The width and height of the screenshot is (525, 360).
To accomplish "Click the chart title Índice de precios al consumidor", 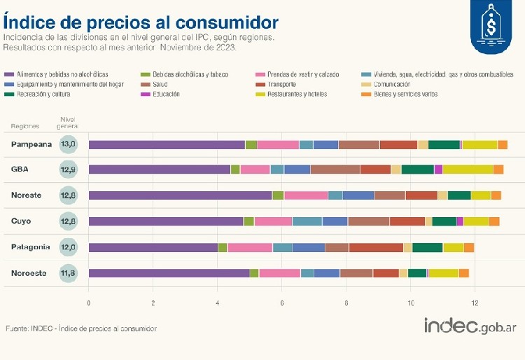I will click(x=140, y=22).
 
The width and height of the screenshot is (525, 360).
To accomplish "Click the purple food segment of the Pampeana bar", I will click(x=167, y=145).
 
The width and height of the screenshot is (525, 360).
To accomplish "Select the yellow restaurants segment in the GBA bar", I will click(x=468, y=169).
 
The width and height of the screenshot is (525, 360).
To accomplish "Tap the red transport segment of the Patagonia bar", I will click(x=376, y=247).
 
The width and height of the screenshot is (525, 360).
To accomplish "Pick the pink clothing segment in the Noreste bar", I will click(x=306, y=195).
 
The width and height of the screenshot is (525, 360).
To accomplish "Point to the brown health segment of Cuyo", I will click(x=369, y=221).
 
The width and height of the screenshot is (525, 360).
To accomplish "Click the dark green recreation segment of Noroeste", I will click(x=417, y=273).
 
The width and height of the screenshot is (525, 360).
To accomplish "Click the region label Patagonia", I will click(x=30, y=247).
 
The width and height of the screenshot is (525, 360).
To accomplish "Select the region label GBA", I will click(x=20, y=169).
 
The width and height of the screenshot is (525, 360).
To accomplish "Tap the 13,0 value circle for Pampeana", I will click(x=69, y=144).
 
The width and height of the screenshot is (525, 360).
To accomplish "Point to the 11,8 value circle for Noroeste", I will click(x=69, y=273).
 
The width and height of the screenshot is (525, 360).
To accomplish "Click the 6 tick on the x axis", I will click(x=282, y=303).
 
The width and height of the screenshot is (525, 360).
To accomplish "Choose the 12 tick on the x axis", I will click(x=475, y=303).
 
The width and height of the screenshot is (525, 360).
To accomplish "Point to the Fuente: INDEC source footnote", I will click(x=81, y=328).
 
